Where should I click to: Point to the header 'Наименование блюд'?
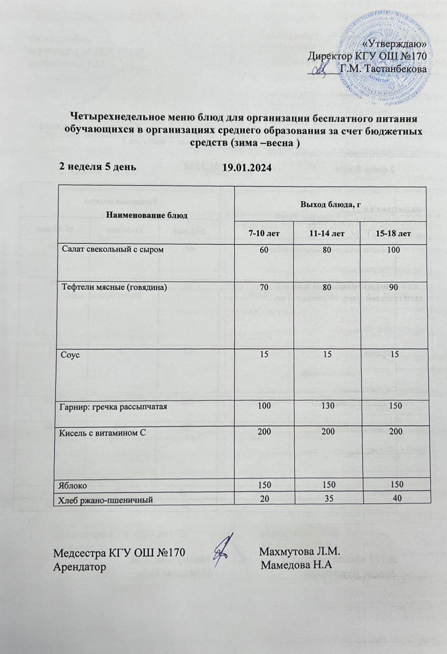[147, 215]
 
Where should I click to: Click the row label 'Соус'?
[70, 355]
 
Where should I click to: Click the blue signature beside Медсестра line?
[224, 548]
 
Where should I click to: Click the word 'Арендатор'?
[80, 567]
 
